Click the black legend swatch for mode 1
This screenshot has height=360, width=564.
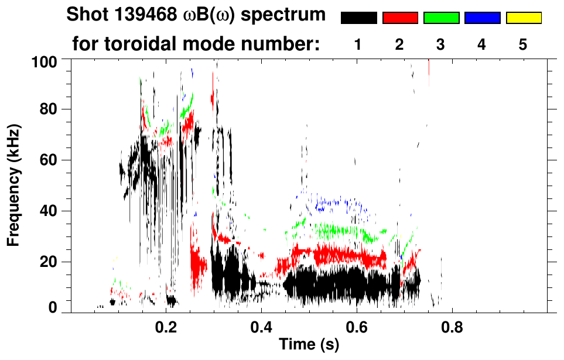358,18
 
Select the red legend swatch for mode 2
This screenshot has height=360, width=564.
400,18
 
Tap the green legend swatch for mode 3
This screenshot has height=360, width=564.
441,18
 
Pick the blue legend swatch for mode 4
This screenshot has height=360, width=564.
482,18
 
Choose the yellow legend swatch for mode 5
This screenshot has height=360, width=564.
524,18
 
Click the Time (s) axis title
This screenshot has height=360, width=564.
309,344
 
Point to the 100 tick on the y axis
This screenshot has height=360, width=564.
45,60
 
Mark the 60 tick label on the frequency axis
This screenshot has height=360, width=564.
49,160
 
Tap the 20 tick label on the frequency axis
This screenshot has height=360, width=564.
49,262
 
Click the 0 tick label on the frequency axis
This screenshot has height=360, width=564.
53,308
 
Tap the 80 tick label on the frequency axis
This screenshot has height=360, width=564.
49,109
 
